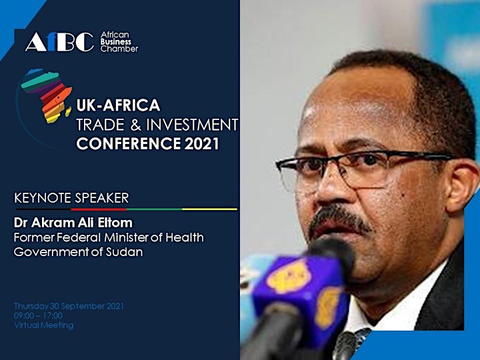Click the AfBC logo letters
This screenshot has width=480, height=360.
pyautogui.click(x=59, y=42)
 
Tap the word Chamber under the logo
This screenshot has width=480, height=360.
pyautogui.click(x=119, y=49)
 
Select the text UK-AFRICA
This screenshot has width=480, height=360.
pyautogui.click(x=118, y=105)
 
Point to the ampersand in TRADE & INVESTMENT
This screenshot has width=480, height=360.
pyautogui.click(x=135, y=125)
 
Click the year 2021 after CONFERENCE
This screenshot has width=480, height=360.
pyautogui.click(x=201, y=143)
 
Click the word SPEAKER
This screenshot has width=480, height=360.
pyautogui.click(x=102, y=198)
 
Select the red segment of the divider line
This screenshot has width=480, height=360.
pyautogui.click(x=99, y=209)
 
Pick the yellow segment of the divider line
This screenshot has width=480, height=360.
pyautogui.click(x=210, y=209)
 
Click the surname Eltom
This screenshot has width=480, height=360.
pyautogui.click(x=115, y=223)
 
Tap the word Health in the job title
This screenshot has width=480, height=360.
pyautogui.click(x=185, y=237)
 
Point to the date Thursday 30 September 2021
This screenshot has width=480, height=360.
pyautogui.click(x=69, y=306)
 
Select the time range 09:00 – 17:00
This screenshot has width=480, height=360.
pyautogui.click(x=38, y=315)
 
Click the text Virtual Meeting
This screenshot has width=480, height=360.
pyautogui.click(x=44, y=325)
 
